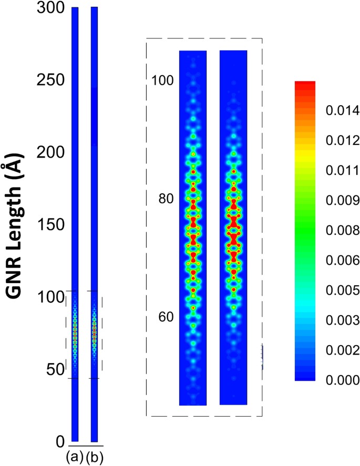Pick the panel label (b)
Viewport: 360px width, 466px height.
click(x=95, y=457)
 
